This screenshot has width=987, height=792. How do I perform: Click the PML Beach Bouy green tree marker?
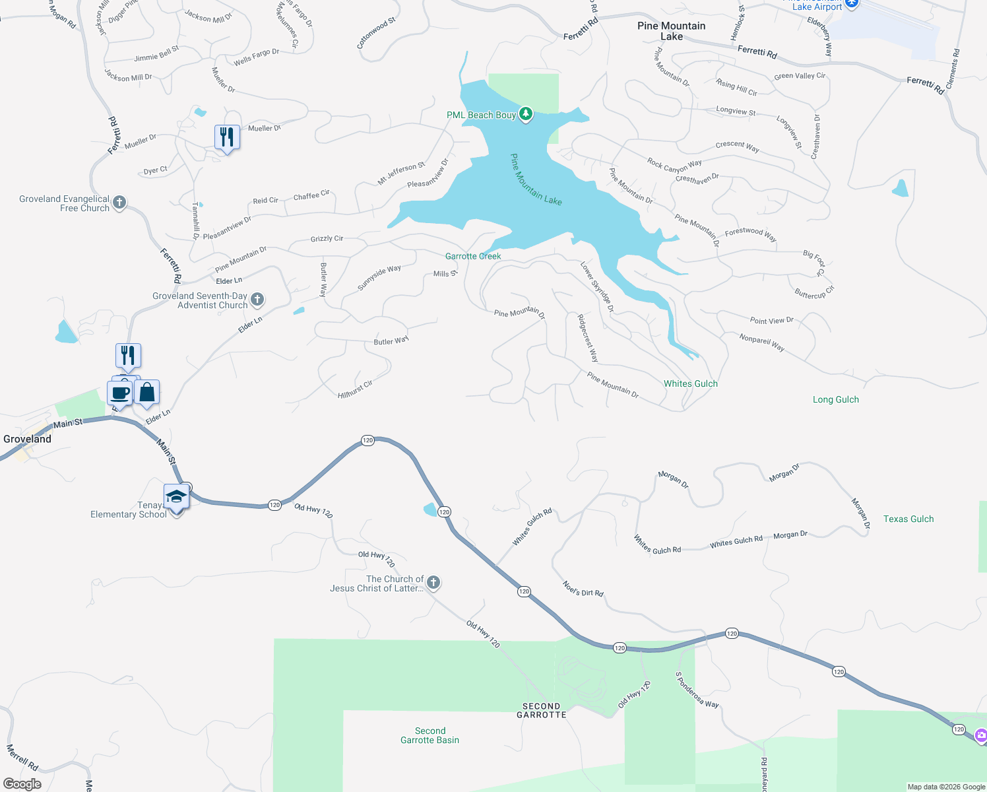coord(526,114)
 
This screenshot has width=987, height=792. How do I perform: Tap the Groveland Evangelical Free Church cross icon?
coord(119,202)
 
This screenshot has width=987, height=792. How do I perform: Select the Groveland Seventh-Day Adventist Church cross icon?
coord(257,300)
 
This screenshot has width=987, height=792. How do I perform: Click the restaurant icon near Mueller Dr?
coord(227,137)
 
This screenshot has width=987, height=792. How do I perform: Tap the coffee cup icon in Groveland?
coord(120,393)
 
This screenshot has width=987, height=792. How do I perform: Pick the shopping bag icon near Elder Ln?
coord(147,393)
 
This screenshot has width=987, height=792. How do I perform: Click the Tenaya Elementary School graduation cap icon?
coord(176,496)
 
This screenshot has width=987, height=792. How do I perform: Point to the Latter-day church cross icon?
coord(433,582)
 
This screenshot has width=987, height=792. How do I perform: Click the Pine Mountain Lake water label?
coord(536,180)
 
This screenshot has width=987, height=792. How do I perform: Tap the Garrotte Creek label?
coord(473,256)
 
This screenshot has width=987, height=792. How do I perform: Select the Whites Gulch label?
coord(690,383)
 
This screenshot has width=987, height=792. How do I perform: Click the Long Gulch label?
coord(835,399)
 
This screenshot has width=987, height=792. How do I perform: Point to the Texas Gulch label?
coord(908,519)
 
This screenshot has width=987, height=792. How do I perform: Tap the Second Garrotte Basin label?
coord(430,735)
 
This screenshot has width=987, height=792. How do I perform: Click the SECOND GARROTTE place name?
coord(541,710)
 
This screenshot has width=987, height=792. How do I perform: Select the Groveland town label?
coord(27,439)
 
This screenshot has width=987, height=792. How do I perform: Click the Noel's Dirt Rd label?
coord(583,588)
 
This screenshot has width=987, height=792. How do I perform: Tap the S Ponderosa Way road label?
coord(696,690)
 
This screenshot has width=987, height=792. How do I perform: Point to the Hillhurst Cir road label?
coord(355,389)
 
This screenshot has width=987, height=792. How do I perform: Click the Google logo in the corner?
coord(22,784)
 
